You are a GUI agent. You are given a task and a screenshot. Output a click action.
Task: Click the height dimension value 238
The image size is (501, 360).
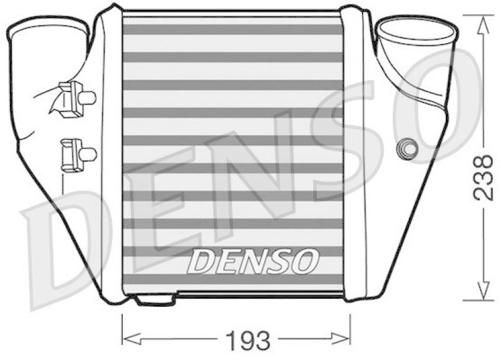[482, 177]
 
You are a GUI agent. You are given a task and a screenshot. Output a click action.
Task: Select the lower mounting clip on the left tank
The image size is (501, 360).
[76, 152]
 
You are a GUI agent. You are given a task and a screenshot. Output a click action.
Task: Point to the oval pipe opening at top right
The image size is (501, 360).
[416, 30]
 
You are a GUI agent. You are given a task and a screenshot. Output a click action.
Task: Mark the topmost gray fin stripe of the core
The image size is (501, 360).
[233, 29]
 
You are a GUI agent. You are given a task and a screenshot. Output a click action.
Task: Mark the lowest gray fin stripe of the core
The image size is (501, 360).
[233, 279]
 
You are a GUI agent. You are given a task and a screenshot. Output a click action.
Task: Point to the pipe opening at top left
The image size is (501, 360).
[47, 28]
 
